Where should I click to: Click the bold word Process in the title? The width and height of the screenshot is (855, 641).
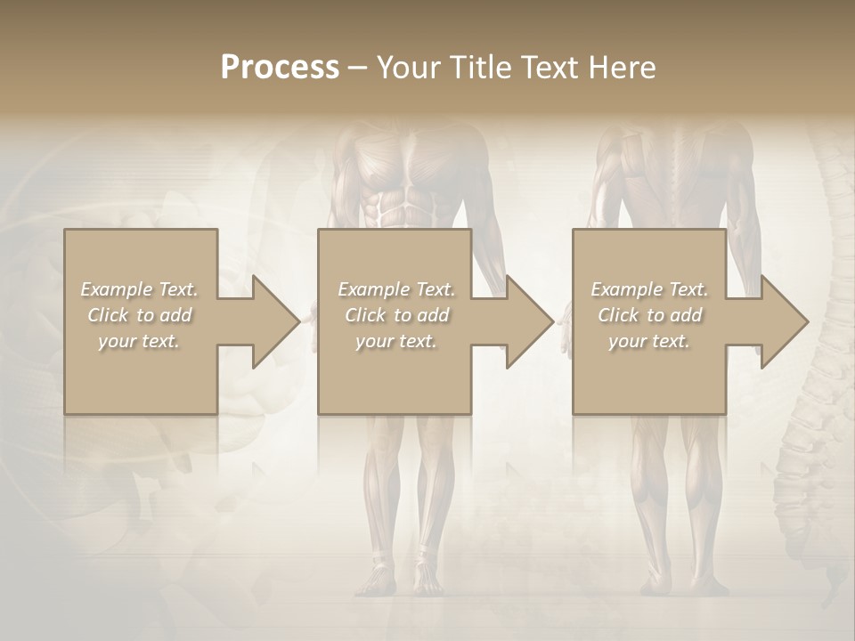[280, 68]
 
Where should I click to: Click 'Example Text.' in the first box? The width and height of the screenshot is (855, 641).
[140, 289]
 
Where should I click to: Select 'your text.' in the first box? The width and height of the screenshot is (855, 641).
[140, 341]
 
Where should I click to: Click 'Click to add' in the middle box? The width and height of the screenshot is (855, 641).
[396, 315]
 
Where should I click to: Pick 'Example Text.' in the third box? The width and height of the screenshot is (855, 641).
[649, 289]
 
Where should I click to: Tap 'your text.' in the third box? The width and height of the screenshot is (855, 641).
[649, 341]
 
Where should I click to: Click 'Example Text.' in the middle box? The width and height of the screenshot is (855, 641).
[396, 289]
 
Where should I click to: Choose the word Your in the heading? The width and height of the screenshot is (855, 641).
[405, 68]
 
